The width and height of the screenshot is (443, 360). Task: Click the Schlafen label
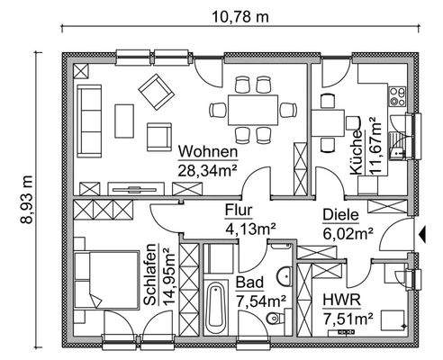(149, 275)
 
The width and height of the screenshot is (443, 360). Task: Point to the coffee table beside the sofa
(125, 121)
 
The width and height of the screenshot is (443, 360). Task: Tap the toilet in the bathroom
(281, 318)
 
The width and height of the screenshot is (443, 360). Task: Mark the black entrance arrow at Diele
(421, 237)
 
